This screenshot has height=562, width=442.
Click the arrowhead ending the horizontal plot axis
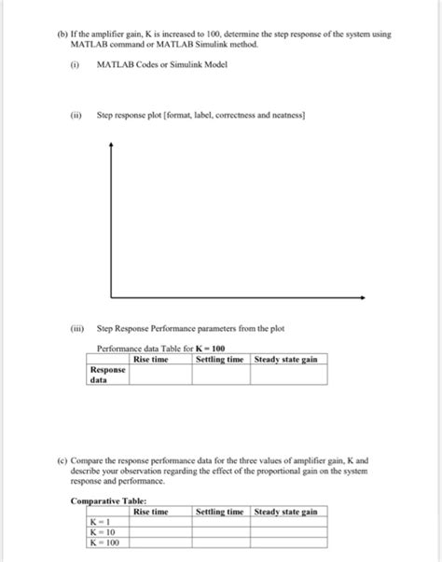point(361,298)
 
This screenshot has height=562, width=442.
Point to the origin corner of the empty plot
point(111,298)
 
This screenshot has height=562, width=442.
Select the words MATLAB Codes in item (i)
point(126,64)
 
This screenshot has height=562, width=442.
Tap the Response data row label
point(107,375)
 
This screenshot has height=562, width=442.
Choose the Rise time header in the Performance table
point(151,360)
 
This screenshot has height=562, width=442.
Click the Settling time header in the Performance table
point(220,360)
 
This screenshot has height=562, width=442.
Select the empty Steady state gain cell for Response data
point(288,375)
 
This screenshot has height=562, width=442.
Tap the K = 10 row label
point(101,532)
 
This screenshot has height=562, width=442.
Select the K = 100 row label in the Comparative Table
point(103,542)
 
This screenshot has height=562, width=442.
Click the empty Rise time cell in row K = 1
point(160,522)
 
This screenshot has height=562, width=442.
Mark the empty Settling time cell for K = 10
point(220,532)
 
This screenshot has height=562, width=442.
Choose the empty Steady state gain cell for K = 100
point(288,542)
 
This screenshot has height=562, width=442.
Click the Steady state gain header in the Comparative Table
point(286,512)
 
